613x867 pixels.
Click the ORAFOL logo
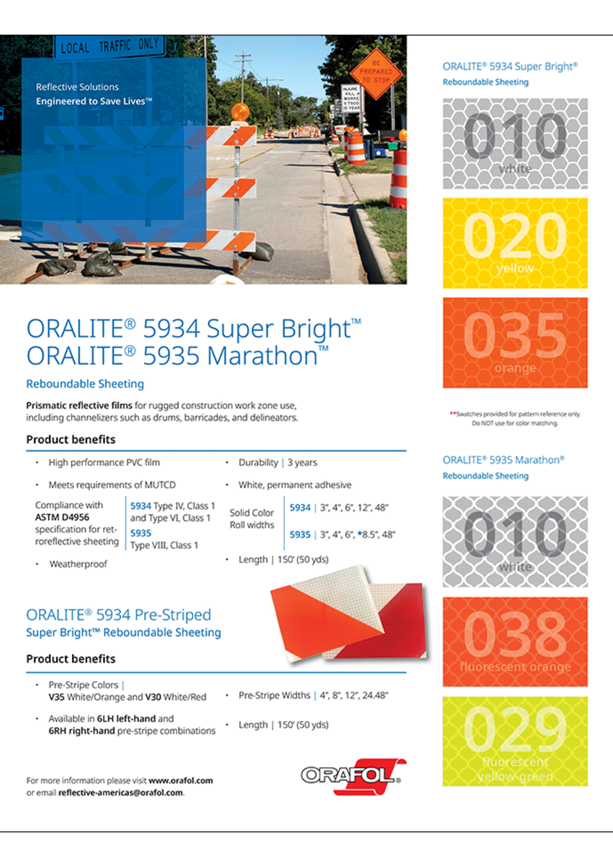click(x=351, y=775)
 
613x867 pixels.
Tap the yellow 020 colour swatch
click(x=515, y=243)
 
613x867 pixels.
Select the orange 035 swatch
click(x=515, y=342)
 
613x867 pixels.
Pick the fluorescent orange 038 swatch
click(x=515, y=641)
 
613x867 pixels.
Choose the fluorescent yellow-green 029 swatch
click(x=515, y=741)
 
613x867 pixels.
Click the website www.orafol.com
click(x=181, y=780)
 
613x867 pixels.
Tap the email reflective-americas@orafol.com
click(x=120, y=792)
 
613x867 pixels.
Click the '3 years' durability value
click(x=302, y=462)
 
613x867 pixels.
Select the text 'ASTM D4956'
click(x=62, y=517)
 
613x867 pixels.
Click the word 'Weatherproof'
click(x=78, y=564)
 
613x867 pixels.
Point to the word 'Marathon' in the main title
click(x=262, y=356)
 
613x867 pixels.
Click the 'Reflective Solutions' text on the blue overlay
click(x=77, y=87)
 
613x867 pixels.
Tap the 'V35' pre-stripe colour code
click(x=56, y=697)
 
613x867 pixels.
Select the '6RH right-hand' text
click(x=81, y=731)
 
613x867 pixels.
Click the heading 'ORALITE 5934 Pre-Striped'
click(x=119, y=615)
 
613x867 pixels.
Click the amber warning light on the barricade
click(x=240, y=111)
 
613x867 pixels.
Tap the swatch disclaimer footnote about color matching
click(x=515, y=418)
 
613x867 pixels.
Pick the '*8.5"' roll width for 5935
click(x=368, y=535)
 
